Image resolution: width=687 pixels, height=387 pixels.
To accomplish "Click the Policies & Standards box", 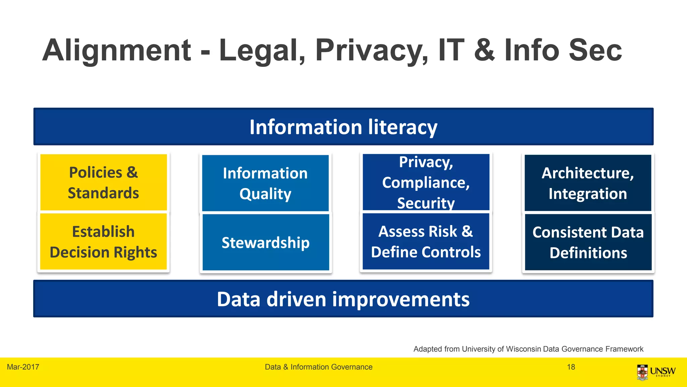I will [x=103, y=182].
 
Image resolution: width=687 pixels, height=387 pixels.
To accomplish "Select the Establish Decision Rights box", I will [x=103, y=242].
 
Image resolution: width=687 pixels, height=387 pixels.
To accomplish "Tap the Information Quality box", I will [x=265, y=183].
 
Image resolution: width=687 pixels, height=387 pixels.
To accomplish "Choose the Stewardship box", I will [x=266, y=242].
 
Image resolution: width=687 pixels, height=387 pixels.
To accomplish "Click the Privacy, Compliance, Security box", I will [x=426, y=182].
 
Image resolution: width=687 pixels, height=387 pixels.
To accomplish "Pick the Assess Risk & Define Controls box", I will [x=426, y=242].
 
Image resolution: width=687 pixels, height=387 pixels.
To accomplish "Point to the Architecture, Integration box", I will [x=588, y=183].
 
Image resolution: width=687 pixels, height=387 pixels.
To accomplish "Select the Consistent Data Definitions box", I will [x=588, y=242].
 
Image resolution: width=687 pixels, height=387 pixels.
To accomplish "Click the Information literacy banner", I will [x=343, y=127].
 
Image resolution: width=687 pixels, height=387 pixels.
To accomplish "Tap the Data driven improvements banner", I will [x=343, y=299].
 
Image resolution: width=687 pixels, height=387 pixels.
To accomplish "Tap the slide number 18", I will [x=571, y=367].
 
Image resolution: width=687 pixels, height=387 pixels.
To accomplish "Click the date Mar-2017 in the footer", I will [x=23, y=367].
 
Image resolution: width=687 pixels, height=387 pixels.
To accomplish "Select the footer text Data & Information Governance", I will [x=319, y=367].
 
